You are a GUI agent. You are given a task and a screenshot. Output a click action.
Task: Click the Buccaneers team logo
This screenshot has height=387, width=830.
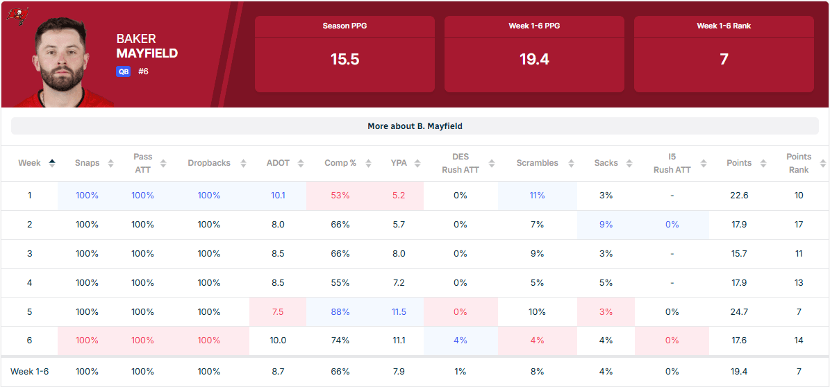(17, 15)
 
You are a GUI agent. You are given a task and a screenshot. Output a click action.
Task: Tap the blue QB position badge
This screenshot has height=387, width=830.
(124, 71)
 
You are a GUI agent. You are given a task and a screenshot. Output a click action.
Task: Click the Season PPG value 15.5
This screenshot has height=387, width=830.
(345, 59)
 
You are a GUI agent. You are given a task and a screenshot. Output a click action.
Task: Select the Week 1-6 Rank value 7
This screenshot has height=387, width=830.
(724, 59)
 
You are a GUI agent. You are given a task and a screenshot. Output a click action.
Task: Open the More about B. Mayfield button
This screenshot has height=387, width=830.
(415, 126)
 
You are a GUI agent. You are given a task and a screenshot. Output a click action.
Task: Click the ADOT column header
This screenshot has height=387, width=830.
(278, 163)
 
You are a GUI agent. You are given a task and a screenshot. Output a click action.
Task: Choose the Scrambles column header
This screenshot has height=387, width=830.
(538, 163)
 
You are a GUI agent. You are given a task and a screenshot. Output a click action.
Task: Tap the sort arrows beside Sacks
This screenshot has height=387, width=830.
(629, 164)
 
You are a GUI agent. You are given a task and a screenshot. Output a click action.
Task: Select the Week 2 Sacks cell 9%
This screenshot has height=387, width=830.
(606, 224)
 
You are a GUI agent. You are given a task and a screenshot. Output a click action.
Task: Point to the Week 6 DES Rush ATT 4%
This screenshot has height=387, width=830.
(460, 341)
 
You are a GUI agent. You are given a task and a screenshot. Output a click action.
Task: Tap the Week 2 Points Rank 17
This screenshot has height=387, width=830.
(799, 224)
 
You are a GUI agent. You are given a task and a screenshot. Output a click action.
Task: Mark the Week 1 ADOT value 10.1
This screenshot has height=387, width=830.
(278, 195)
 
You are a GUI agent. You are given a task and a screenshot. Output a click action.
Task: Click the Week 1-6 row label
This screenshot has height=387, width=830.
(30, 372)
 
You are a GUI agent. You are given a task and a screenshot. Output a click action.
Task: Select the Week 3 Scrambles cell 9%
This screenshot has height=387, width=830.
(537, 253)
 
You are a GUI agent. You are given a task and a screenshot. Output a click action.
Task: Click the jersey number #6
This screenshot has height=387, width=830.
(143, 71)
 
